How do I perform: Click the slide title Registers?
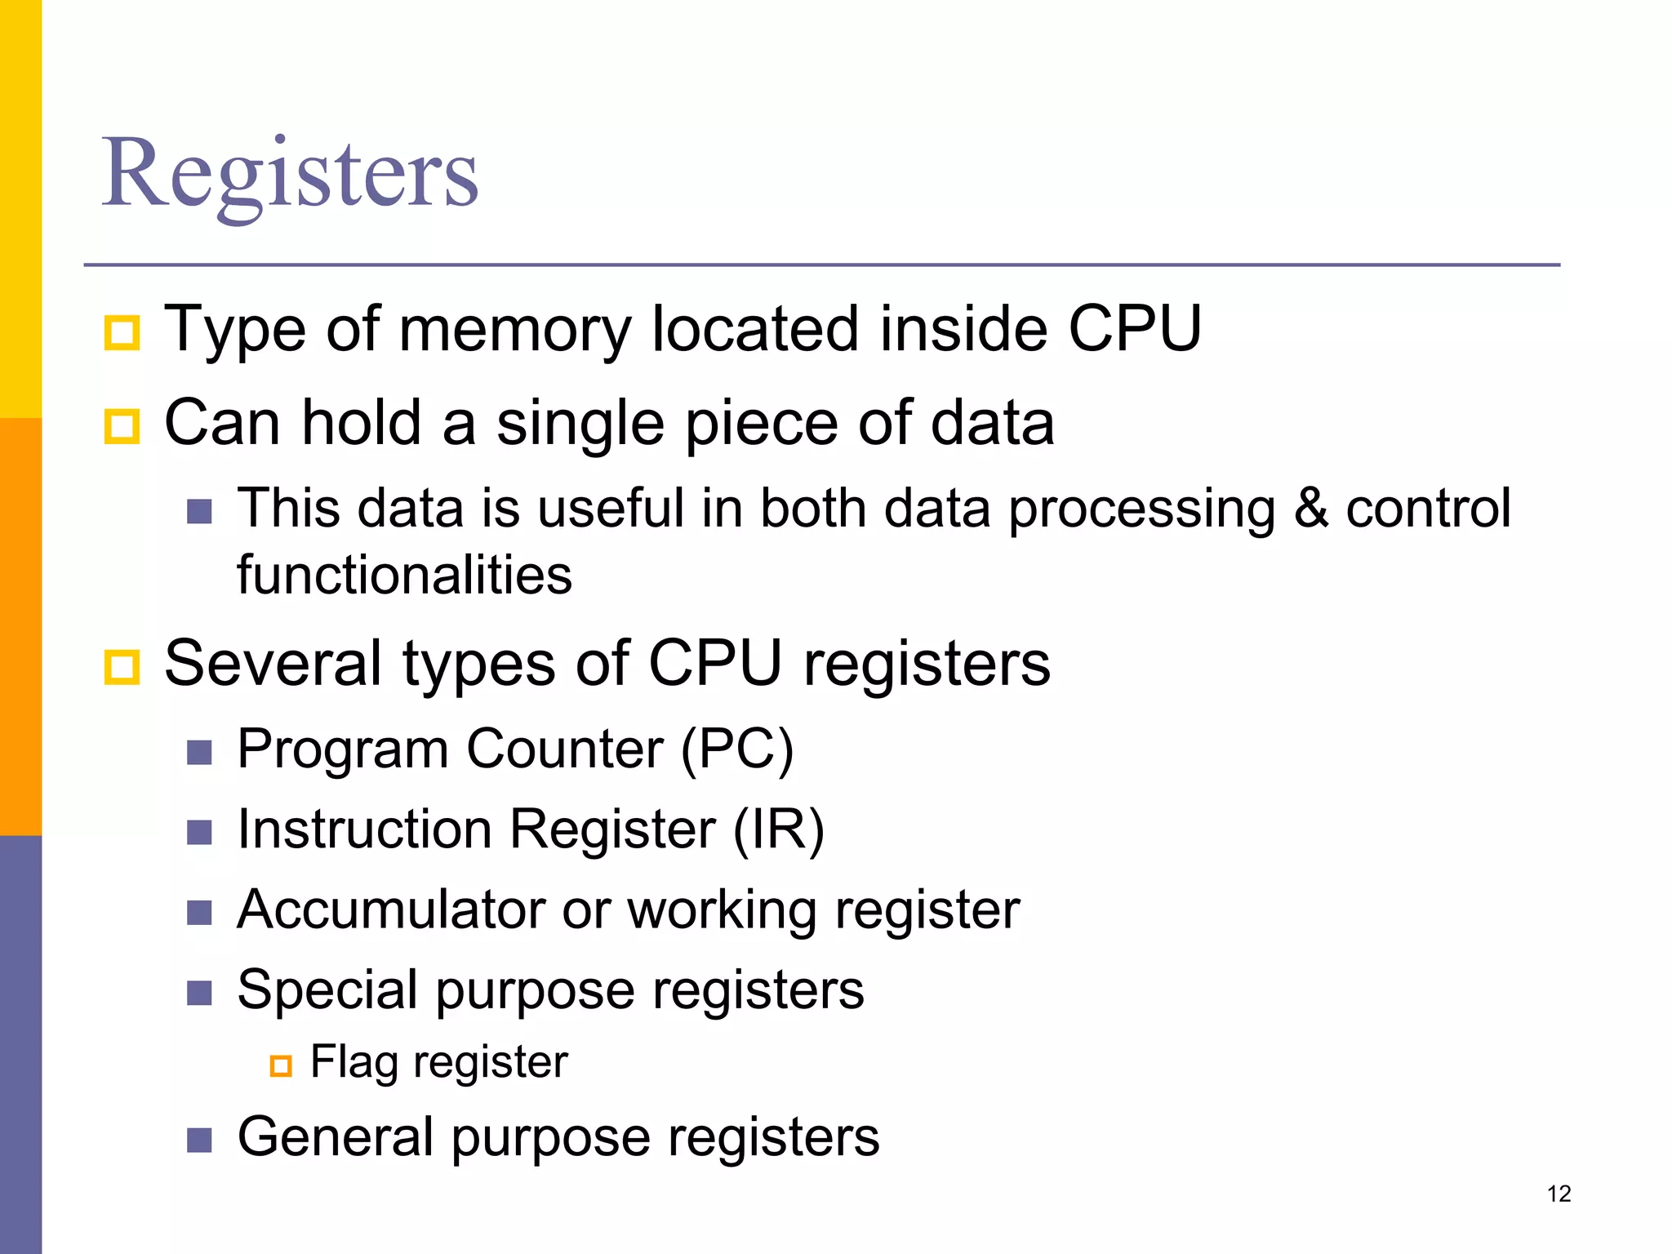[x=290, y=173]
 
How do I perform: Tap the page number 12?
[x=1559, y=1194]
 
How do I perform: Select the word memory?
[x=515, y=330]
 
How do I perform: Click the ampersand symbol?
[x=1311, y=508]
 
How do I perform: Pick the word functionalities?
[x=404, y=575]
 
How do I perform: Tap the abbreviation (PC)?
[x=736, y=749]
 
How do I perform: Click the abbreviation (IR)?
[x=779, y=829]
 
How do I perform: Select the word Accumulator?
[x=390, y=909]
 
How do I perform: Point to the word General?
[x=335, y=1136]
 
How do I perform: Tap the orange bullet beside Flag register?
[x=281, y=1065]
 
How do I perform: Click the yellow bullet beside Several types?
[x=122, y=667]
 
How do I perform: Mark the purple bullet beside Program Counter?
[x=199, y=752]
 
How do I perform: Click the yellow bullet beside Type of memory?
[x=122, y=333]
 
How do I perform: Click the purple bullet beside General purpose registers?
[x=199, y=1140]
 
